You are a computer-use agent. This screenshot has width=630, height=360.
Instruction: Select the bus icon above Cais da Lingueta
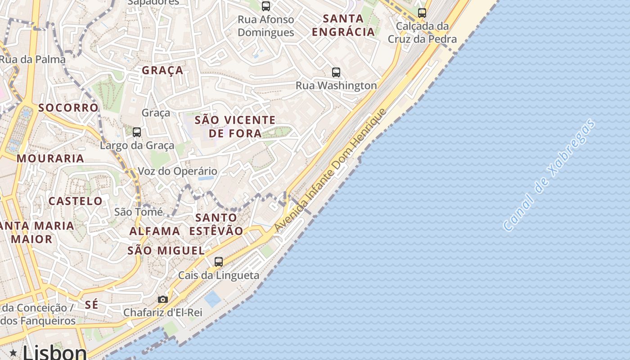pyautogui.click(x=219, y=261)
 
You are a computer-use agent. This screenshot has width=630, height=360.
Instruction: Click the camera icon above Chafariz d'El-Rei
pyautogui.click(x=163, y=299)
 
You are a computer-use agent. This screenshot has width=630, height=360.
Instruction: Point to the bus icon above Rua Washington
pyautogui.click(x=336, y=72)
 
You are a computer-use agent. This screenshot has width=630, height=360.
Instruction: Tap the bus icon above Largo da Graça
pyautogui.click(x=137, y=132)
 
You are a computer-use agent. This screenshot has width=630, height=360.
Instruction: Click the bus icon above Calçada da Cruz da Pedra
pyautogui.click(x=422, y=13)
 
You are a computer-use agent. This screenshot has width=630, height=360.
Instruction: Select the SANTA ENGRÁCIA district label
pyautogui.click(x=343, y=25)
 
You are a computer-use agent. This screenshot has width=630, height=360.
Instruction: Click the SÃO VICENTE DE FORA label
pyautogui.click(x=235, y=127)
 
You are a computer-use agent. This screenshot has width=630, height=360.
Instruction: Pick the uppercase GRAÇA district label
pyautogui.click(x=163, y=70)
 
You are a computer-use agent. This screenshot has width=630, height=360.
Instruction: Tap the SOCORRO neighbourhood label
pyautogui.click(x=68, y=108)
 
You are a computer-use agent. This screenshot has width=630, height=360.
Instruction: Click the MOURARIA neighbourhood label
pyautogui.click(x=50, y=158)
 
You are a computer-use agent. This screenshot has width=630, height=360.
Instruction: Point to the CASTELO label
pyautogui.click(x=76, y=201)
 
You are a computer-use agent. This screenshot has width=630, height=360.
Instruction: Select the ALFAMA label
pyautogui.click(x=155, y=231)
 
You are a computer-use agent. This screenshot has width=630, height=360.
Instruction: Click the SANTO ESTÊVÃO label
pyautogui.click(x=216, y=224)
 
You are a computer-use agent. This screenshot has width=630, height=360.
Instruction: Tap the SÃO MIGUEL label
pyautogui.click(x=166, y=251)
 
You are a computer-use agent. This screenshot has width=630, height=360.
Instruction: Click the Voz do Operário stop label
pyautogui.click(x=177, y=171)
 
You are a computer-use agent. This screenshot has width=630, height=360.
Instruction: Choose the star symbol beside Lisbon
pyautogui.click(x=13, y=353)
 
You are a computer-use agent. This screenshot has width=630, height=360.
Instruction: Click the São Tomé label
pyautogui.click(x=139, y=211)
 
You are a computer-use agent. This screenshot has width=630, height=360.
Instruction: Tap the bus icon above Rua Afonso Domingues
pyautogui.click(x=266, y=6)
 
